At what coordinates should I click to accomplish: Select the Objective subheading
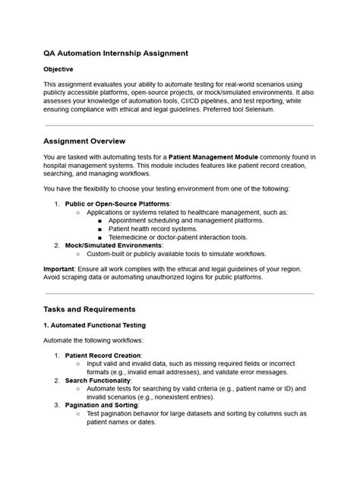pos(58,69)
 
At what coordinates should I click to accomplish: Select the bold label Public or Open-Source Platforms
pos(118,204)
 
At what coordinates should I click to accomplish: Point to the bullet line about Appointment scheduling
pos(185,219)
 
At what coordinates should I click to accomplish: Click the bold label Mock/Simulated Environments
pos(113,245)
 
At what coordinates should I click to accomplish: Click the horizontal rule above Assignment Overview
pos(179,126)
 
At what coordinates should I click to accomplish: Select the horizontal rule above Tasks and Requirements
pos(179,292)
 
